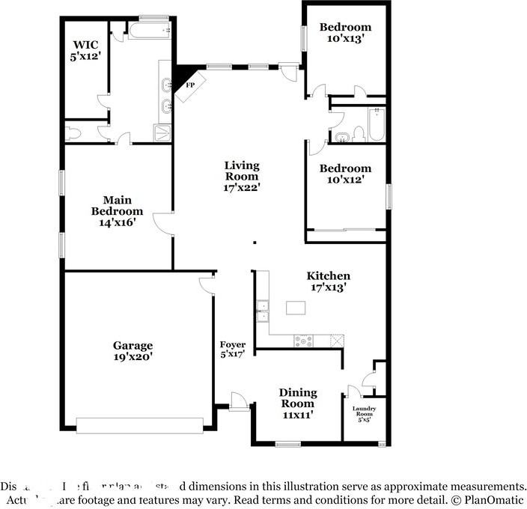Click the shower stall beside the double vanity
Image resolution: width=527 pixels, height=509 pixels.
click(162, 133)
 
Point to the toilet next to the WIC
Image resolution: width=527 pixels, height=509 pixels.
click(73, 134)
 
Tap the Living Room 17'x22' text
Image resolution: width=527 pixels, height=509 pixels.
click(242, 176)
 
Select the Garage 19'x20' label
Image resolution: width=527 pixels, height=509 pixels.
click(132, 351)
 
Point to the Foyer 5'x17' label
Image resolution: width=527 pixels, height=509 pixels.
click(232, 349)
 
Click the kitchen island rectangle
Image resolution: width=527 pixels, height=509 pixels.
click(296, 308)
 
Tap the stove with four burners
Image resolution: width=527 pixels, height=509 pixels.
click(305, 340)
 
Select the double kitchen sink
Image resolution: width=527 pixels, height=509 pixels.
click(262, 311)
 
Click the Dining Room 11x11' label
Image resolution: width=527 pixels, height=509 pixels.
click(298, 403)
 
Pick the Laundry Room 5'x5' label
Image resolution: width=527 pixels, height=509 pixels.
click(364, 413)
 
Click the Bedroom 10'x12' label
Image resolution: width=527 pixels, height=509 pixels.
click(345, 174)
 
